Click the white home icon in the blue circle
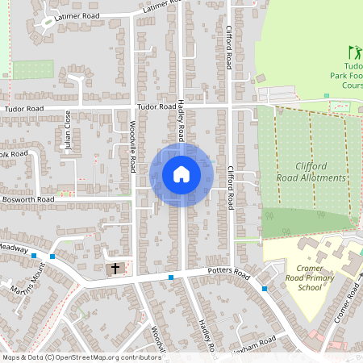pyautogui.click(x=181, y=174)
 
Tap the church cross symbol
pyautogui.click(x=115, y=268)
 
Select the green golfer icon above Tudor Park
pyautogui.click(x=353, y=53)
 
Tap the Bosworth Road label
pyautogui.click(x=27, y=198)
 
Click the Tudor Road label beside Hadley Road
pyautogui.click(x=156, y=106)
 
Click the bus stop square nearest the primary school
pyautogui.click(x=265, y=289)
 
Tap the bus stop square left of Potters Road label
pyautogui.click(x=171, y=277)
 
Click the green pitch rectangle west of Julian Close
pyautogui.click(x=33, y=70)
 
